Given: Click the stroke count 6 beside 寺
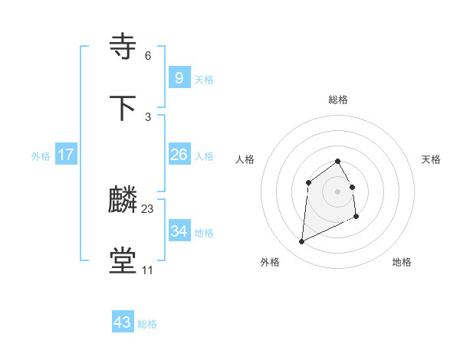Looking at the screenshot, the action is pos(148,56).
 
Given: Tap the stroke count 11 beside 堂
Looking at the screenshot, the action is pos(147,270).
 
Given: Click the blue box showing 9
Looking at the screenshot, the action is pos(179,77).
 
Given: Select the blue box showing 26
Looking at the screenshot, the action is pos(179,155).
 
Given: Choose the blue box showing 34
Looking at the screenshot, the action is pos(179,231).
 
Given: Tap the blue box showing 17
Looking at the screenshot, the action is pos(66,155).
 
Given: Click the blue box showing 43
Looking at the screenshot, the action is pos(122,322).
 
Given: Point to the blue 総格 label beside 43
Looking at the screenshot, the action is pos(147,324).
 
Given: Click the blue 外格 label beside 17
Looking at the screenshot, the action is pos(41,156).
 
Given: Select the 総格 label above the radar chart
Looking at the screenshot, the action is pos(338,100).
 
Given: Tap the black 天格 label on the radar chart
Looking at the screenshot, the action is pos(432,159).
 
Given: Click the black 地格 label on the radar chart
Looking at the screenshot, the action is pos(402,262).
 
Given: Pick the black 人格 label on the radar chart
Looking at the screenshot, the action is pos(245,159).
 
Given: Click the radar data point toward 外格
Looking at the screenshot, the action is pos(302,242).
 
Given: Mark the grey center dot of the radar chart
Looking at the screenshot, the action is pos(338,191).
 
